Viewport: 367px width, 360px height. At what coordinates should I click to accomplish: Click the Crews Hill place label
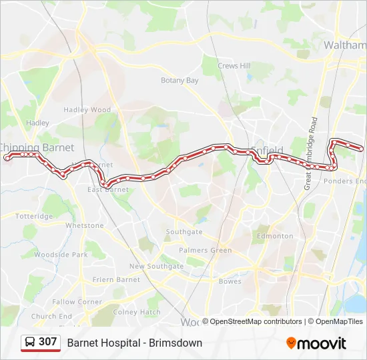[x=234, y=66]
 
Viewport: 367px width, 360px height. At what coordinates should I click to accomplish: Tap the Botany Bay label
[x=179, y=81]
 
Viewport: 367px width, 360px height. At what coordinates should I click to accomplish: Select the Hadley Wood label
[x=87, y=110]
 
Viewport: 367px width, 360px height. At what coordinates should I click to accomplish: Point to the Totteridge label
[x=34, y=217]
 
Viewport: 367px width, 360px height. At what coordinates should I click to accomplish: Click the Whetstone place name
[x=84, y=226]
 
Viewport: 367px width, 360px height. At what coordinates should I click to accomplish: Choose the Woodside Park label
[x=61, y=255]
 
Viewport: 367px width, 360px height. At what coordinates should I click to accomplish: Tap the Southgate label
[x=184, y=232]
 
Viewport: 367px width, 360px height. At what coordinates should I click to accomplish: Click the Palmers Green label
[x=205, y=251]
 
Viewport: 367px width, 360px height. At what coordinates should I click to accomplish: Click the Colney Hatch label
[x=137, y=312]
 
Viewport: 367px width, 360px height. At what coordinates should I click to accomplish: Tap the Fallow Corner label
[x=77, y=302]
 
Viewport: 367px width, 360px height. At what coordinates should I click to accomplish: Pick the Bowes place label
[x=230, y=281]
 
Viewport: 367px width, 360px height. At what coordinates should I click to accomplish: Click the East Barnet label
[x=108, y=189]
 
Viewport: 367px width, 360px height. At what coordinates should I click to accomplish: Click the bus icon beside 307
[x=30, y=343]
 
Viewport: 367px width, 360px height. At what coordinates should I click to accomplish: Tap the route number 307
[x=48, y=342]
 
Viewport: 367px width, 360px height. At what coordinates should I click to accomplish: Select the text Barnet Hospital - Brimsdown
[x=134, y=343]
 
